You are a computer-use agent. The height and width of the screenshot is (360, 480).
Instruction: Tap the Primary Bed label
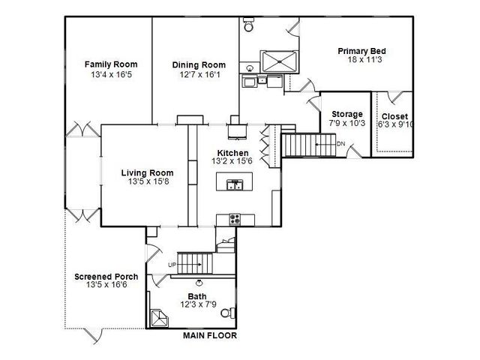coord(361,51)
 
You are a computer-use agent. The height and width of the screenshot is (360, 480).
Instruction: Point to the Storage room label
coord(346,114)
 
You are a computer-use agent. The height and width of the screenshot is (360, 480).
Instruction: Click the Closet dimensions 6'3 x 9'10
coord(394,125)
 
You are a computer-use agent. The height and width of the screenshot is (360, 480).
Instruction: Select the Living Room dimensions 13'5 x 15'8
coord(147,182)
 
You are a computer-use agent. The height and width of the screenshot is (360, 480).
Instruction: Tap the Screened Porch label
coord(104,276)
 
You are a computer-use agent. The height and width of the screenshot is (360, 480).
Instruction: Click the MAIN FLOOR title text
coord(210,336)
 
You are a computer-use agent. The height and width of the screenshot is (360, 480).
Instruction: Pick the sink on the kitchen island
coord(235,183)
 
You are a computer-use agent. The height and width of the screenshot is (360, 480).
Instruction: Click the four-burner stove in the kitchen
coord(235,219)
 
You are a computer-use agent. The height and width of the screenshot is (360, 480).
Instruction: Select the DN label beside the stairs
coord(340,143)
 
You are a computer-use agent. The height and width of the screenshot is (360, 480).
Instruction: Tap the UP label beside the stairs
coord(172,265)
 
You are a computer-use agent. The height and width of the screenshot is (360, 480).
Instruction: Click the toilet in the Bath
coord(234,312)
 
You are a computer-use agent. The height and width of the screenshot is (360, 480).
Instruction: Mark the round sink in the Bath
coord(199,283)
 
